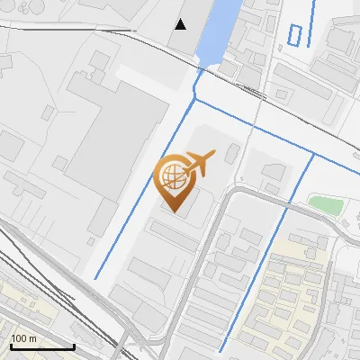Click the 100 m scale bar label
23,338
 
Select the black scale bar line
42,346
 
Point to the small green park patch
325,204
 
